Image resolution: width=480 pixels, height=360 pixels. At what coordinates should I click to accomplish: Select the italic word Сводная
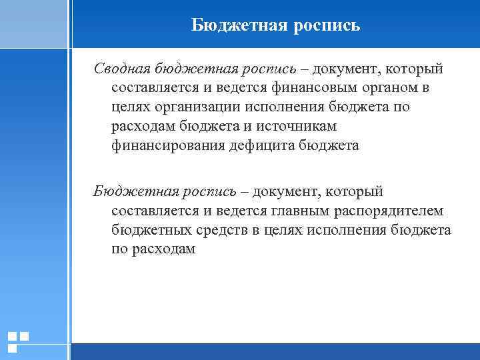(x=121, y=69)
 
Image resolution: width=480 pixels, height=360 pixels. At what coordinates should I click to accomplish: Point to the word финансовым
(x=309, y=88)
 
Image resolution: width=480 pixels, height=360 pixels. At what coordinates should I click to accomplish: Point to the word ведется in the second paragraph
(x=239, y=211)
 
